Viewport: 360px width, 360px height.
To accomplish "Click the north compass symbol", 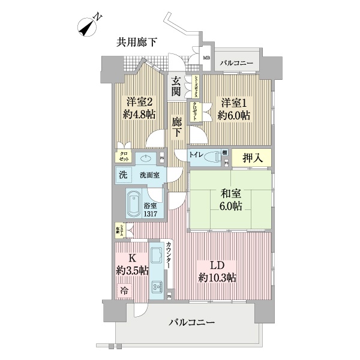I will tap(89, 26).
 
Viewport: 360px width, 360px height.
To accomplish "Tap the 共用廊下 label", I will tap(137, 42).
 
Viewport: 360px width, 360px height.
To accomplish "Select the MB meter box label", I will tap(206, 58).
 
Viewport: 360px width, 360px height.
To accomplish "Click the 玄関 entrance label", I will tap(176, 86).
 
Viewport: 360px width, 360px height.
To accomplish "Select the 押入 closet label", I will tap(251, 158).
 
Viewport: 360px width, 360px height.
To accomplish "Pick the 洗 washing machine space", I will tap(123, 175).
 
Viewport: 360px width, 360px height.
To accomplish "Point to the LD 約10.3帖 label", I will tap(217, 271).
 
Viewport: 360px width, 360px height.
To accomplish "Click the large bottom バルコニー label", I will tap(191, 323).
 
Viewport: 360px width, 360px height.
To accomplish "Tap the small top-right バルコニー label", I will tap(237, 62).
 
